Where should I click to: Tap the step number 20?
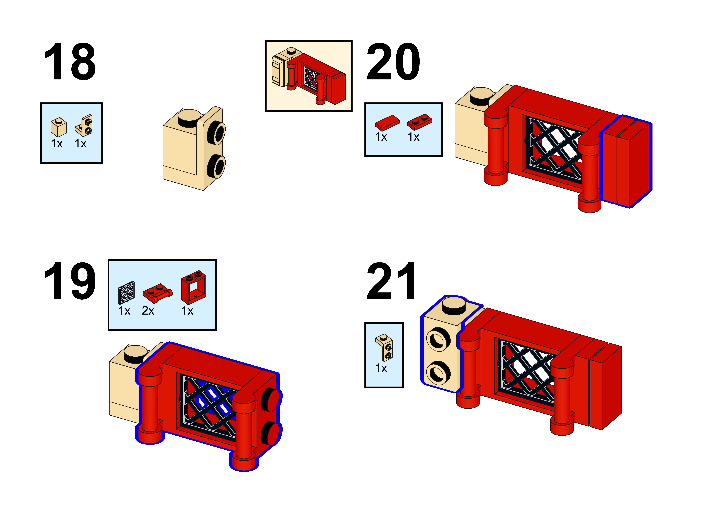(x=393, y=61)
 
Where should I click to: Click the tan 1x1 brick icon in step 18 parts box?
(x=58, y=127)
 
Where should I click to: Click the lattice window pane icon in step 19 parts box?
(x=127, y=293)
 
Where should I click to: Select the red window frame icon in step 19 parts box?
(x=193, y=287)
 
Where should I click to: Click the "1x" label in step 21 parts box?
(x=381, y=368)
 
